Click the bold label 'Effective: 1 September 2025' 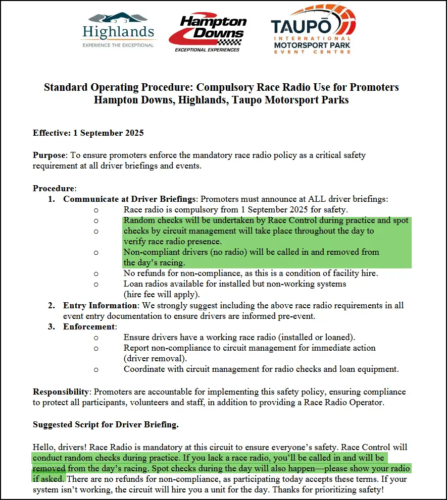(88, 133)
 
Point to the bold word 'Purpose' (48, 155)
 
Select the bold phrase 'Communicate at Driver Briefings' (129, 199)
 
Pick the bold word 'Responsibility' (61, 392)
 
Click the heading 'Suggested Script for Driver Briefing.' (106, 424)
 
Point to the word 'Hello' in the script (44, 447)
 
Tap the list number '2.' (52, 305)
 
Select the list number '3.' (52, 326)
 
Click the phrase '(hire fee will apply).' (162, 294)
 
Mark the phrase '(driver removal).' (155, 358)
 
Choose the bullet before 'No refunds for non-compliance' (96, 273)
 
